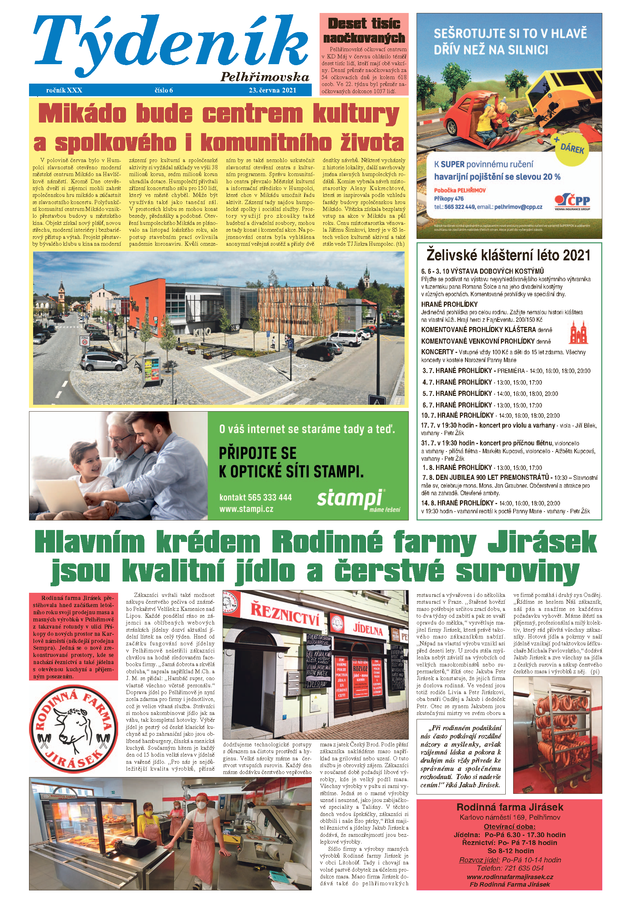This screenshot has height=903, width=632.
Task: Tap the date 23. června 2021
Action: pos(272,90)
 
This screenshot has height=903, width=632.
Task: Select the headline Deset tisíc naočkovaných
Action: pos(364,31)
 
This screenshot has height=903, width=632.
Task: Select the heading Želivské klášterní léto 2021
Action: pos(508,255)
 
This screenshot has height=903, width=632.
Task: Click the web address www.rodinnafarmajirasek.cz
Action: pos(510,877)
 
